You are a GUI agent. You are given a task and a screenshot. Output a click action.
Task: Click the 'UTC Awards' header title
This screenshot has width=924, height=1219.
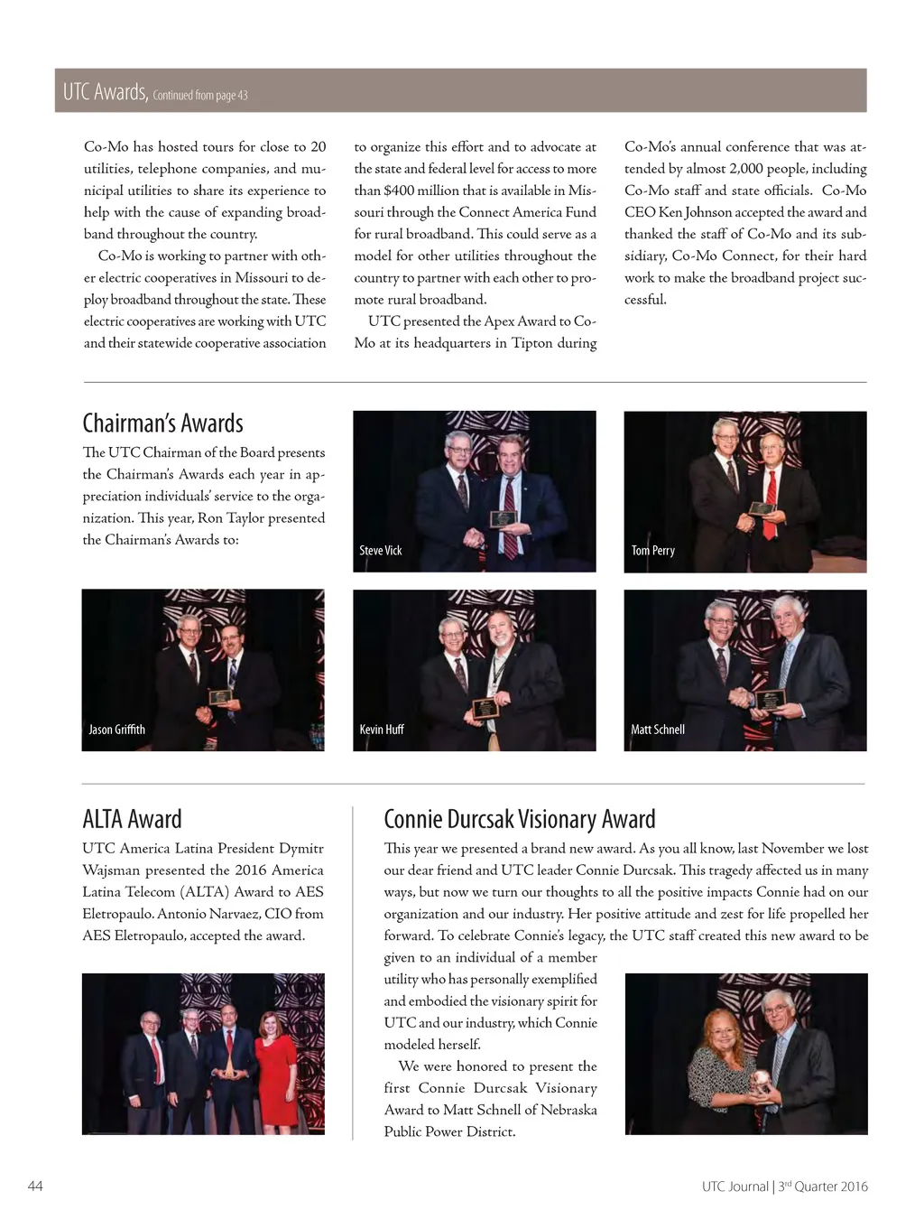pyautogui.click(x=105, y=91)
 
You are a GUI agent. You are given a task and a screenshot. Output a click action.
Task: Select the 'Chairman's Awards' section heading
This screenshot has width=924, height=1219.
pyautogui.click(x=162, y=423)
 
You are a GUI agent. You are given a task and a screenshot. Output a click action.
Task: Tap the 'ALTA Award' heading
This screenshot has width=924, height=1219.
pyautogui.click(x=132, y=819)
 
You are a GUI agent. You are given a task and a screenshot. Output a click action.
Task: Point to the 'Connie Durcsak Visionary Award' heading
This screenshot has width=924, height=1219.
pyautogui.click(x=519, y=819)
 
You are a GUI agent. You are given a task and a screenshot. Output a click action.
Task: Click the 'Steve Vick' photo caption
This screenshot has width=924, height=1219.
pyautogui.click(x=380, y=550)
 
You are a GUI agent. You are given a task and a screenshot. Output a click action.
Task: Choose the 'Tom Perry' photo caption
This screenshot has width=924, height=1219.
pyautogui.click(x=652, y=550)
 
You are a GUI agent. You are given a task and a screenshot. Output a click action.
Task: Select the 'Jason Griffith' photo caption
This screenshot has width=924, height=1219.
pyautogui.click(x=116, y=730)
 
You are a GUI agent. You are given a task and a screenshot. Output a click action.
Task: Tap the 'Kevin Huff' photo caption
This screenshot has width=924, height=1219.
pyautogui.click(x=381, y=730)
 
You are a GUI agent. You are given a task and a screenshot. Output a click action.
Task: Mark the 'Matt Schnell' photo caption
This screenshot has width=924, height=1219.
pyautogui.click(x=657, y=730)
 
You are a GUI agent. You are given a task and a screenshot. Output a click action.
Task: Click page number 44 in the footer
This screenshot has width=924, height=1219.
pyautogui.click(x=35, y=1186)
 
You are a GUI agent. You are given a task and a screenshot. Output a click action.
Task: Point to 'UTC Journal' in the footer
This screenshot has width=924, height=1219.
pyautogui.click(x=735, y=1186)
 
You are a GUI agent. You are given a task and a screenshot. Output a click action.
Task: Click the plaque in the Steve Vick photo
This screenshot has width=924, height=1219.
pyautogui.click(x=503, y=518)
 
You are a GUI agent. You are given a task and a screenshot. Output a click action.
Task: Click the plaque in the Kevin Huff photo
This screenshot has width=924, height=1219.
pyautogui.click(x=485, y=707)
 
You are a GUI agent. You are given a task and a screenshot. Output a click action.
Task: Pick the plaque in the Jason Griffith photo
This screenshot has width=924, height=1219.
pyautogui.click(x=220, y=697)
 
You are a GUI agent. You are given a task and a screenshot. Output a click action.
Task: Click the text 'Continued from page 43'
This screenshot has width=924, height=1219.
pyautogui.click(x=200, y=95)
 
